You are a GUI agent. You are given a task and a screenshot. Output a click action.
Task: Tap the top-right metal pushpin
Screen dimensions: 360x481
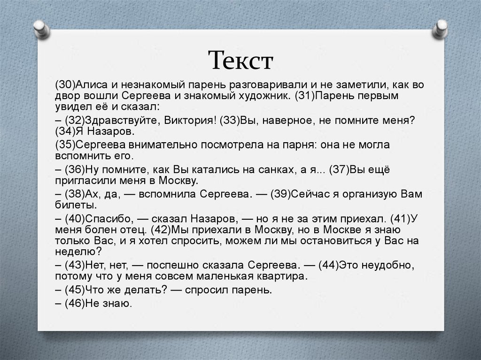pyautogui.click(x=441, y=29)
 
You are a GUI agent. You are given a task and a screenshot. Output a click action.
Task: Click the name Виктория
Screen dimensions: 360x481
pyautogui.click(x=190, y=120)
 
